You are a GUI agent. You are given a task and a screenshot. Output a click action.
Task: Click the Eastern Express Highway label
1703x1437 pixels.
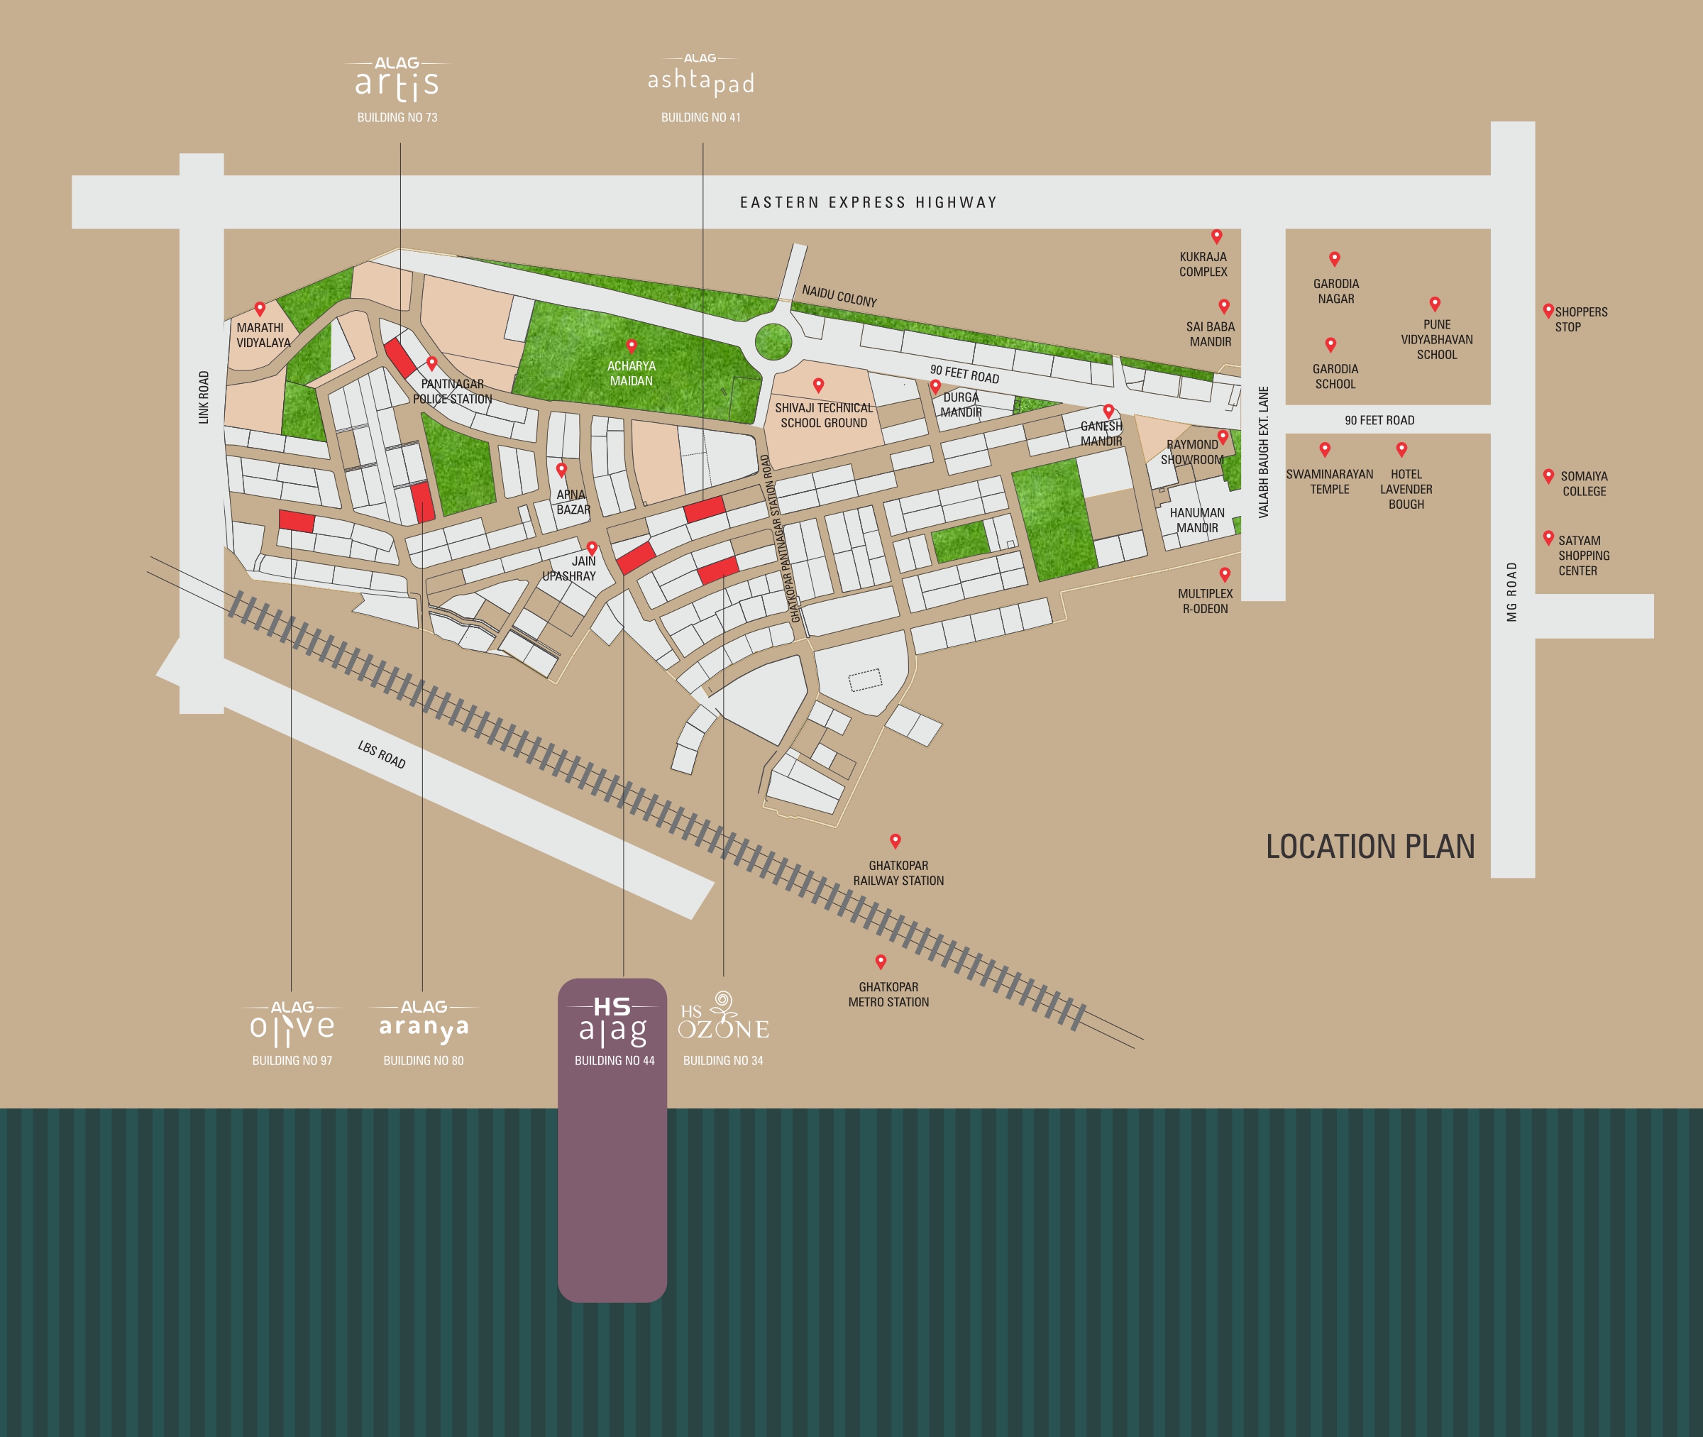(869, 202)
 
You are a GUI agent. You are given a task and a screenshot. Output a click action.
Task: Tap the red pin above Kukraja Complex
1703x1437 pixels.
(1216, 236)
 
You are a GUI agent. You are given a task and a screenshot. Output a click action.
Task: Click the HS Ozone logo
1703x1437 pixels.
(723, 1018)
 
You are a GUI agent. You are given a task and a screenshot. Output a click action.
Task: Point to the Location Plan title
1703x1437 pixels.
(1370, 847)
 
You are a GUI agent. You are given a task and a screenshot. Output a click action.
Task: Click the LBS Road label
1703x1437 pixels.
(381, 754)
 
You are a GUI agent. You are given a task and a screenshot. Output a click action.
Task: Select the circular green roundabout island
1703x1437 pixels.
(773, 341)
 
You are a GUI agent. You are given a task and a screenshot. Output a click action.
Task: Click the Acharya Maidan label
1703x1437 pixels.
(632, 373)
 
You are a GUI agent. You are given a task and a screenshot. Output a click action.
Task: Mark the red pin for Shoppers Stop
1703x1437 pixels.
(1548, 310)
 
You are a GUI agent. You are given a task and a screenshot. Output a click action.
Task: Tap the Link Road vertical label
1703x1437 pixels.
(204, 397)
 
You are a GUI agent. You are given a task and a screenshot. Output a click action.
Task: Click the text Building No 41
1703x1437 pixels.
(700, 117)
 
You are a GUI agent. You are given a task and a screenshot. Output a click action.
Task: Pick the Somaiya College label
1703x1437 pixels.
(1583, 483)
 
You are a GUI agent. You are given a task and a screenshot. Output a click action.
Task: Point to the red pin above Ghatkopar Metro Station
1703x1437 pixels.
(881, 962)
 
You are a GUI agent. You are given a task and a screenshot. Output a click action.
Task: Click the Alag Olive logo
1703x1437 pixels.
(292, 1025)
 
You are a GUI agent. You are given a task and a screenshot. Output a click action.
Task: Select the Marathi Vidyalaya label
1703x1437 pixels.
(263, 335)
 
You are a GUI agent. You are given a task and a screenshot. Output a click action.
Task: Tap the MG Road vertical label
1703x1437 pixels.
(1511, 591)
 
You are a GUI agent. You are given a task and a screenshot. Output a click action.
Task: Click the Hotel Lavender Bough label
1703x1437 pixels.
(1406, 489)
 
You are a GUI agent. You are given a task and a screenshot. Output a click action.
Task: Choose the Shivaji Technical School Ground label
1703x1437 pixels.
(823, 414)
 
